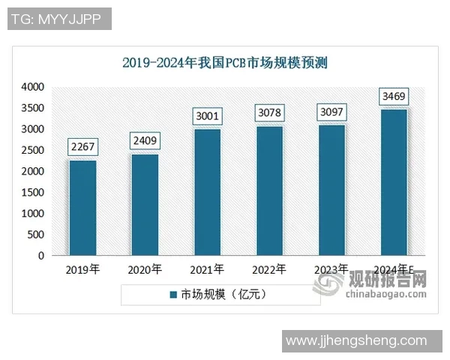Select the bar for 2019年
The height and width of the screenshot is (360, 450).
point(82,208)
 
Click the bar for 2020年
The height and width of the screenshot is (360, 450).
point(145,205)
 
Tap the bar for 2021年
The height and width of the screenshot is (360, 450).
point(207,192)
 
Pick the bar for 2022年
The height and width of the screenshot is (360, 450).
point(269,190)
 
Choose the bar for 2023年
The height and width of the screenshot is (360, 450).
point(331,190)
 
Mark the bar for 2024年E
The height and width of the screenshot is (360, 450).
point(394,182)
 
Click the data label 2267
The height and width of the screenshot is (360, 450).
point(82,147)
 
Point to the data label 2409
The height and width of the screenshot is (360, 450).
point(145,141)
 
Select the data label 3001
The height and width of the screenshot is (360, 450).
point(207,116)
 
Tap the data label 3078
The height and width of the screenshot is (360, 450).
point(269,113)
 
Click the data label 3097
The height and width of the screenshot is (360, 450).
point(331,112)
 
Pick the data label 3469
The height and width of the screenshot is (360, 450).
point(394,97)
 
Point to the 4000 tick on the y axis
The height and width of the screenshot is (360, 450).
point(32,87)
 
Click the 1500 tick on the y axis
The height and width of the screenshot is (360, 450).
point(32,192)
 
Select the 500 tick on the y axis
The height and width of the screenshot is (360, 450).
point(35,234)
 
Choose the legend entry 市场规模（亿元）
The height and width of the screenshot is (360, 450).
point(217,294)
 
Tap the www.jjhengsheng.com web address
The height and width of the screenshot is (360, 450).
point(362,341)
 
